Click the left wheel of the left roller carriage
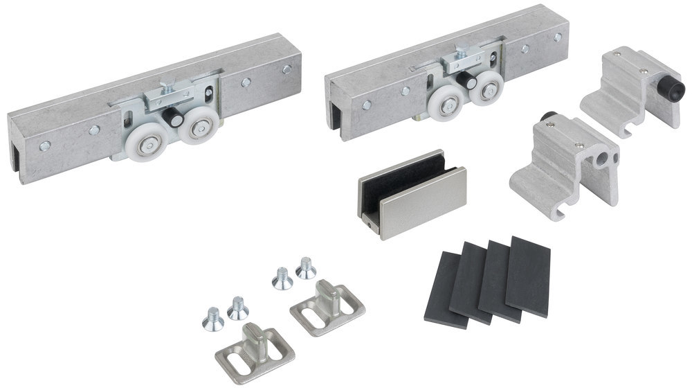click(x=151, y=145)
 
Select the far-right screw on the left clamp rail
click(x=286, y=70)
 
